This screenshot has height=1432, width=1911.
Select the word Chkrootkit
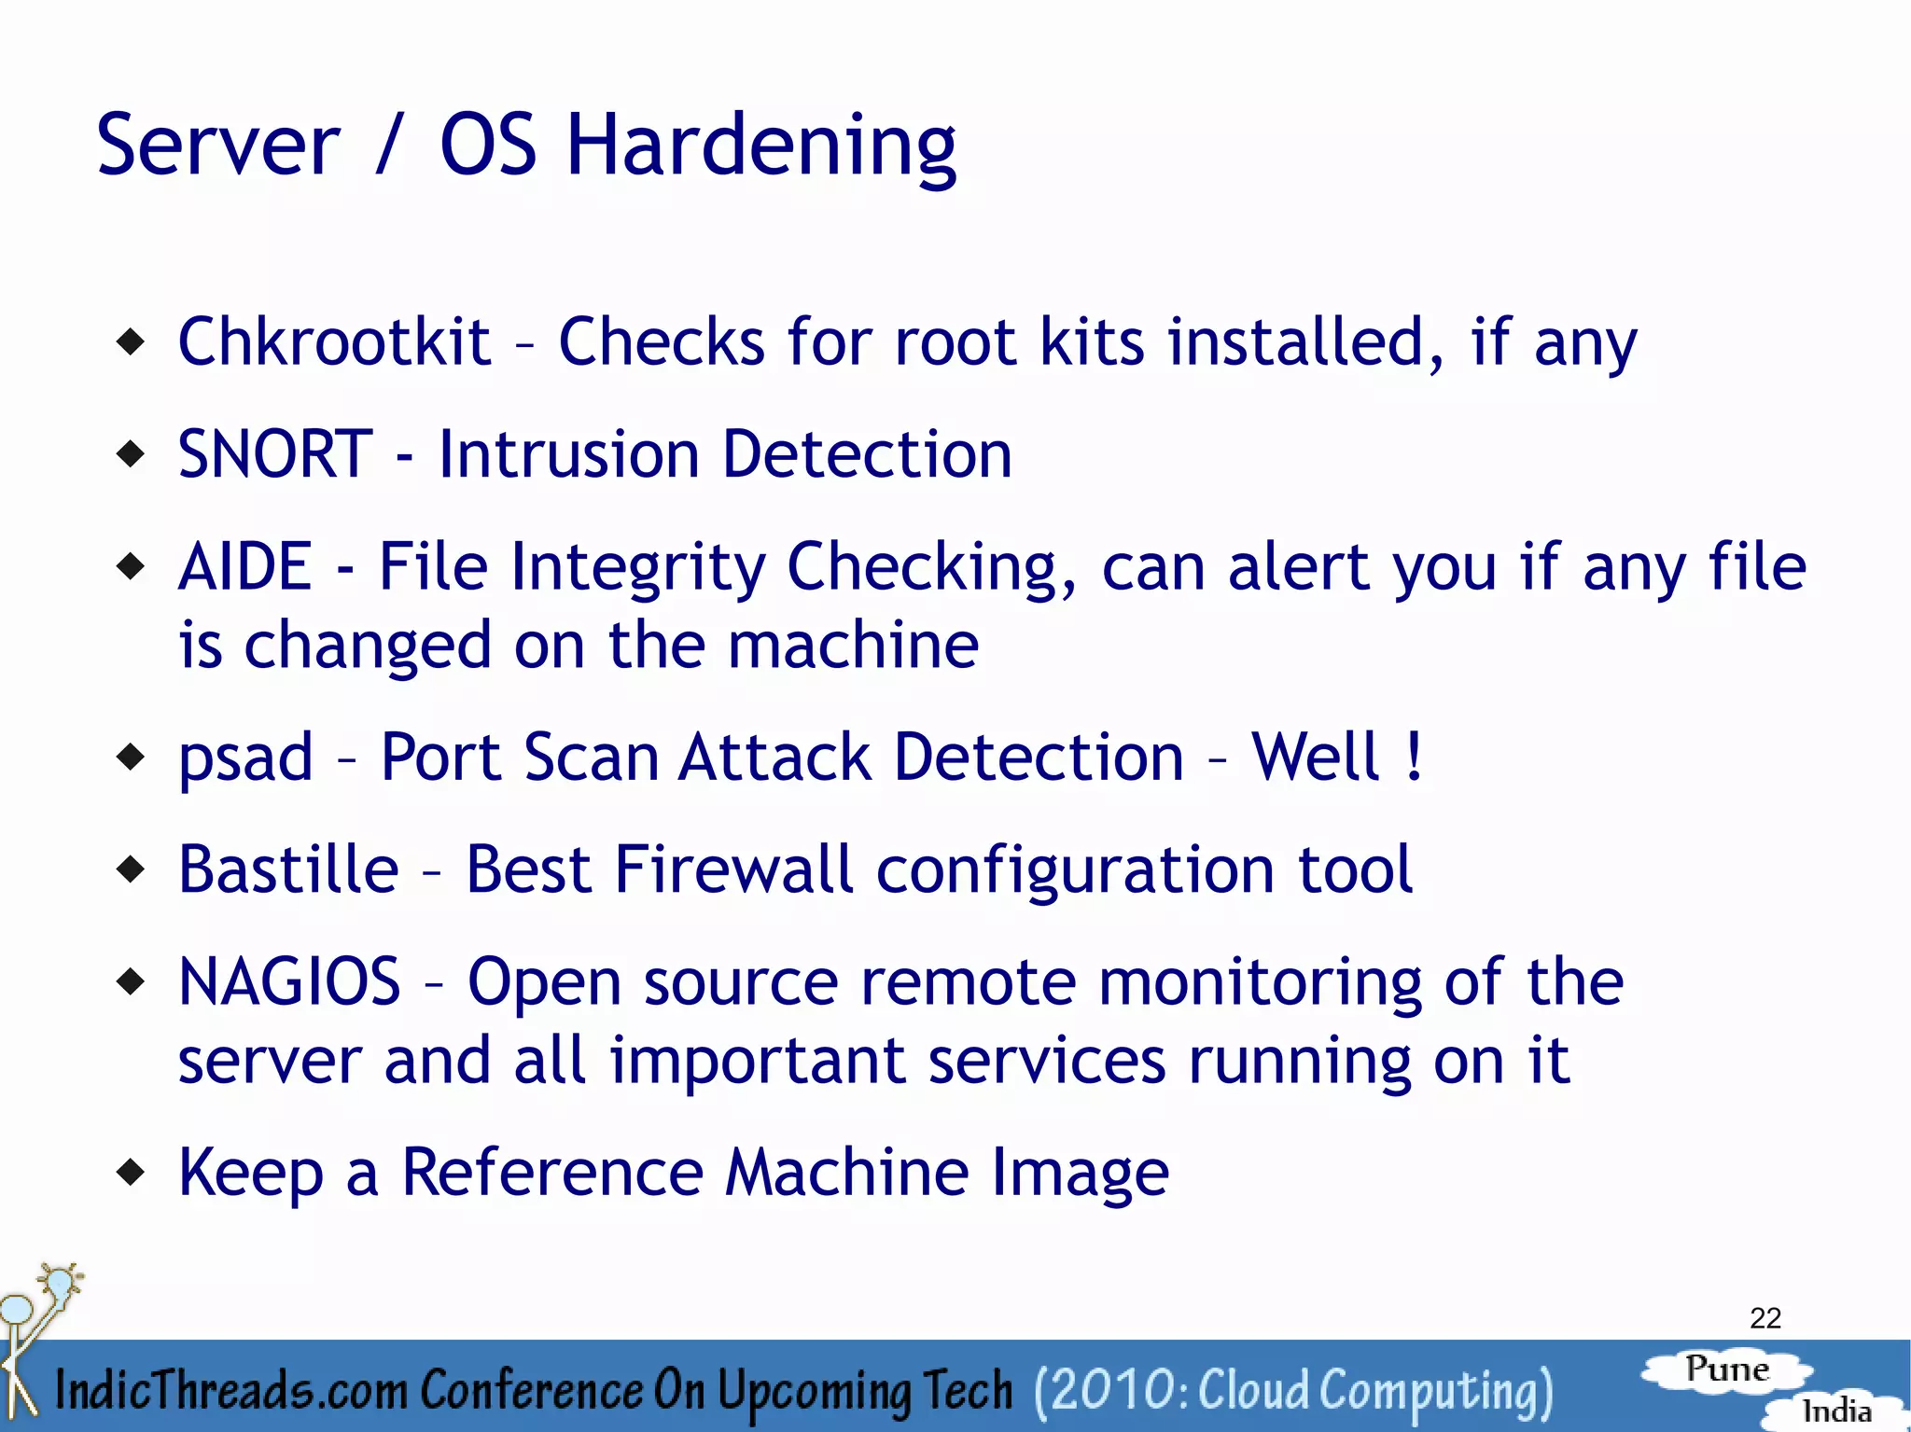[333, 342]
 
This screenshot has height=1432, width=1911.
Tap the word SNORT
[275, 455]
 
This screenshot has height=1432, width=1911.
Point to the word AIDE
[244, 567]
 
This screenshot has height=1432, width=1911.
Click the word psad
[245, 758]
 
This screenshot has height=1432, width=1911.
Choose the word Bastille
[288, 869]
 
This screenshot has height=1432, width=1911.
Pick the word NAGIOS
[289, 982]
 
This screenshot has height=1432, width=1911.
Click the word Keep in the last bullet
[250, 1173]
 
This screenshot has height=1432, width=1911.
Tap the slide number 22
[1765, 1318]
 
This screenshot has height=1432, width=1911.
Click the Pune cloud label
[1726, 1369]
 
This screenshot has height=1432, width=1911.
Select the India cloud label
[1835, 1411]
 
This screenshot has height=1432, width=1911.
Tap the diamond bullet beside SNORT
[132, 455]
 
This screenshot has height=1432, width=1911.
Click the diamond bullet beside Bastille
[132, 869]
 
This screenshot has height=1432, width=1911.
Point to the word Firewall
[733, 869]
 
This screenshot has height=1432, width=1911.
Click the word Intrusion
[568, 455]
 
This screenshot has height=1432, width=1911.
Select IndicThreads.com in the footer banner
[230, 1390]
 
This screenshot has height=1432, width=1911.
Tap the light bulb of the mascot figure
[60, 1282]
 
